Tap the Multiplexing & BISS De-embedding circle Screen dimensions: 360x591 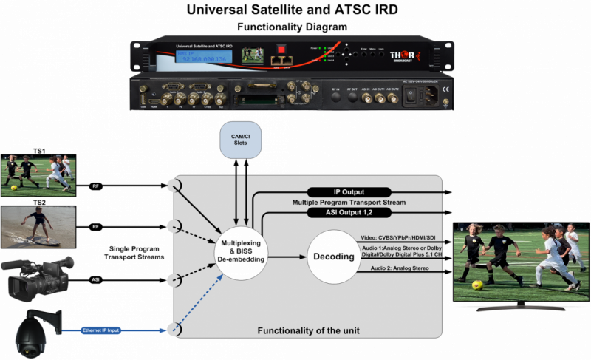click(240, 256)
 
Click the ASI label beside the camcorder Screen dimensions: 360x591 click(96, 280)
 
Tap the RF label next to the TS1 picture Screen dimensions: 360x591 click(96, 185)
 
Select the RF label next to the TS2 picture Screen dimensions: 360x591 click(96, 226)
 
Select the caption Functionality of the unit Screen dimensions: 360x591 click(307, 330)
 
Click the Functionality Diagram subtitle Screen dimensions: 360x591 click(293, 27)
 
